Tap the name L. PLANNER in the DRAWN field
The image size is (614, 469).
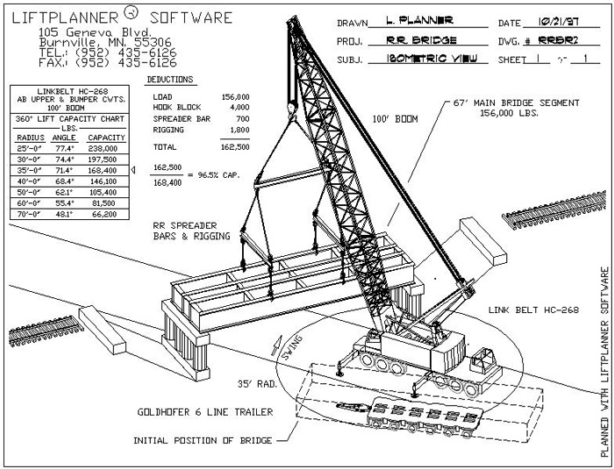tap(420, 20)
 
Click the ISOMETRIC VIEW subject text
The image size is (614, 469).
tap(425, 60)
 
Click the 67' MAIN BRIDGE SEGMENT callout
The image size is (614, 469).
tap(518, 103)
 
